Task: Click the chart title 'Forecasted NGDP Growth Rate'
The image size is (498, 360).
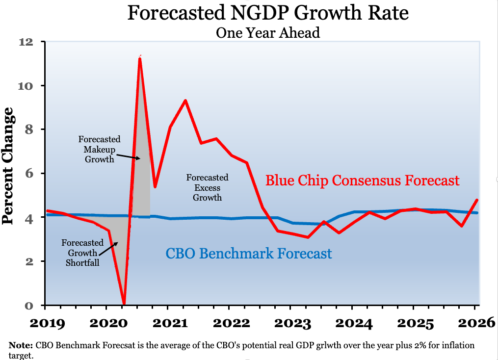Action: coord(268,13)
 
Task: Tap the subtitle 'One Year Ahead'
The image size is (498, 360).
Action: coord(268,33)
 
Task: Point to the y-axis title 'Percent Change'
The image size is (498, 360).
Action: coord(8,166)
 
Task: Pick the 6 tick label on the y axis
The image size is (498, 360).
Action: coord(29,173)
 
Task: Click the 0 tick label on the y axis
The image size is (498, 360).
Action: coord(29,306)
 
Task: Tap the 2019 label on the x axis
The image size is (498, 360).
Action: coord(47,323)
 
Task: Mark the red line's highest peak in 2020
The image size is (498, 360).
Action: coord(140,58)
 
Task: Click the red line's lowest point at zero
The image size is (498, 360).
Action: coord(124,303)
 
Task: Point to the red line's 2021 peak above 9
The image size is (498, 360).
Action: coord(185,101)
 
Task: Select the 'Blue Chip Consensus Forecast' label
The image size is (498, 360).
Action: coord(363,180)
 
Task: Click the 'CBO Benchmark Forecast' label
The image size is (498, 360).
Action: coord(249,254)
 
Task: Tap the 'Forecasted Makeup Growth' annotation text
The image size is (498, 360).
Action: coord(100,149)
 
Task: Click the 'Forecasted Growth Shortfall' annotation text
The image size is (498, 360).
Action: coord(82,253)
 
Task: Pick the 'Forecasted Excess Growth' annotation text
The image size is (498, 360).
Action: coord(207,187)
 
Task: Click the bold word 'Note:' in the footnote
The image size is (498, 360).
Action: coord(21,345)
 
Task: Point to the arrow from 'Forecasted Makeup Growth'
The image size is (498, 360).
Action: coord(128,156)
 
